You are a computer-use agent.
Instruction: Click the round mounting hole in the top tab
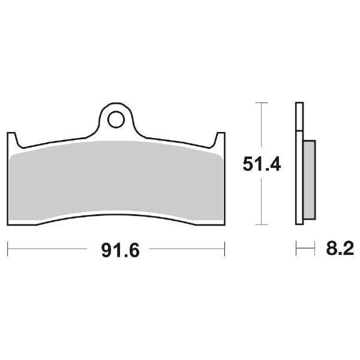click(x=115, y=120)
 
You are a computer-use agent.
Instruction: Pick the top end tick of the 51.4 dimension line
click(x=259, y=103)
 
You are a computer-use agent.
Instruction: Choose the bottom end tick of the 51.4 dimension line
click(x=259, y=224)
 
